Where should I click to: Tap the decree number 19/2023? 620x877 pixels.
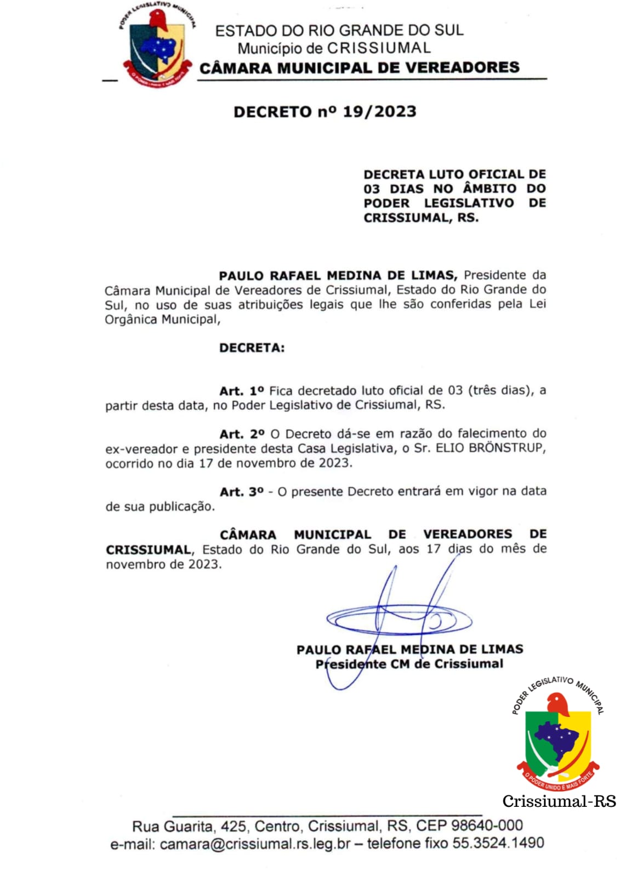click(x=379, y=112)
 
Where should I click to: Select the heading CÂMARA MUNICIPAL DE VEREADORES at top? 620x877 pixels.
click(x=359, y=68)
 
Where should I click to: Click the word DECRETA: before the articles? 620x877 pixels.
click(x=252, y=348)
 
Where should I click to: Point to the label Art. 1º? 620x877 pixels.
click(x=241, y=391)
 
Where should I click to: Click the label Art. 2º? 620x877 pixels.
click(x=242, y=434)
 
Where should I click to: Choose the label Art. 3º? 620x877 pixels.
click(x=242, y=492)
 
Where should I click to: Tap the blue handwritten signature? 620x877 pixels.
click(x=399, y=619)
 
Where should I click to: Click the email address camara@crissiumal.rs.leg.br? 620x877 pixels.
click(x=255, y=844)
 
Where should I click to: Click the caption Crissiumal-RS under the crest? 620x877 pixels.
click(x=559, y=801)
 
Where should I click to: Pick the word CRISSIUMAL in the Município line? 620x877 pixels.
click(x=379, y=48)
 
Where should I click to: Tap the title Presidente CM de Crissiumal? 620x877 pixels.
click(x=409, y=664)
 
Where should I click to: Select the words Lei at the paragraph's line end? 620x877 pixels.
click(x=537, y=304)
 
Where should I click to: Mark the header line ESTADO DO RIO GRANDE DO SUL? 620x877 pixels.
click(x=339, y=31)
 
